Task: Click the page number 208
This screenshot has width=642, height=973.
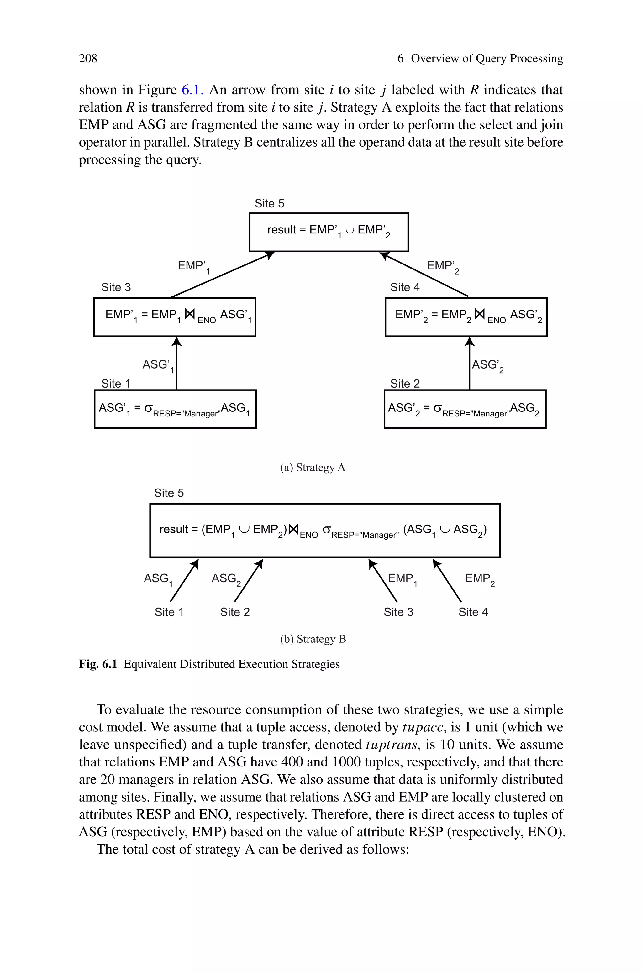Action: (88, 59)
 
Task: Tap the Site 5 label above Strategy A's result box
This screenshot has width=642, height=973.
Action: (269, 203)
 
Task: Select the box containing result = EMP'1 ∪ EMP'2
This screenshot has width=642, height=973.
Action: (329, 232)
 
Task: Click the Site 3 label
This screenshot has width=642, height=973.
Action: (116, 287)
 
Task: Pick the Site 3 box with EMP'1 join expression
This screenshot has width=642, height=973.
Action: (174, 317)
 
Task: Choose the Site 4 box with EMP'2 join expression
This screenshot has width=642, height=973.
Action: (466, 317)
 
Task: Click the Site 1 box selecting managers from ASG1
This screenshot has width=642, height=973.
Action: (175, 409)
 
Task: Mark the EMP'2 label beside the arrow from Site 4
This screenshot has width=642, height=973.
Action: (443, 266)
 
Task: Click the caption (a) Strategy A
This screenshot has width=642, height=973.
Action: (313, 467)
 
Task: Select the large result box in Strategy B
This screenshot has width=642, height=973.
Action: (325, 530)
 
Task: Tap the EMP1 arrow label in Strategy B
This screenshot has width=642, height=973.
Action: (402, 579)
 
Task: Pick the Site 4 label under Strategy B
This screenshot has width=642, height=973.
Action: (473, 612)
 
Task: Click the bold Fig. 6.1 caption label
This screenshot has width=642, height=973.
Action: (98, 664)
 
